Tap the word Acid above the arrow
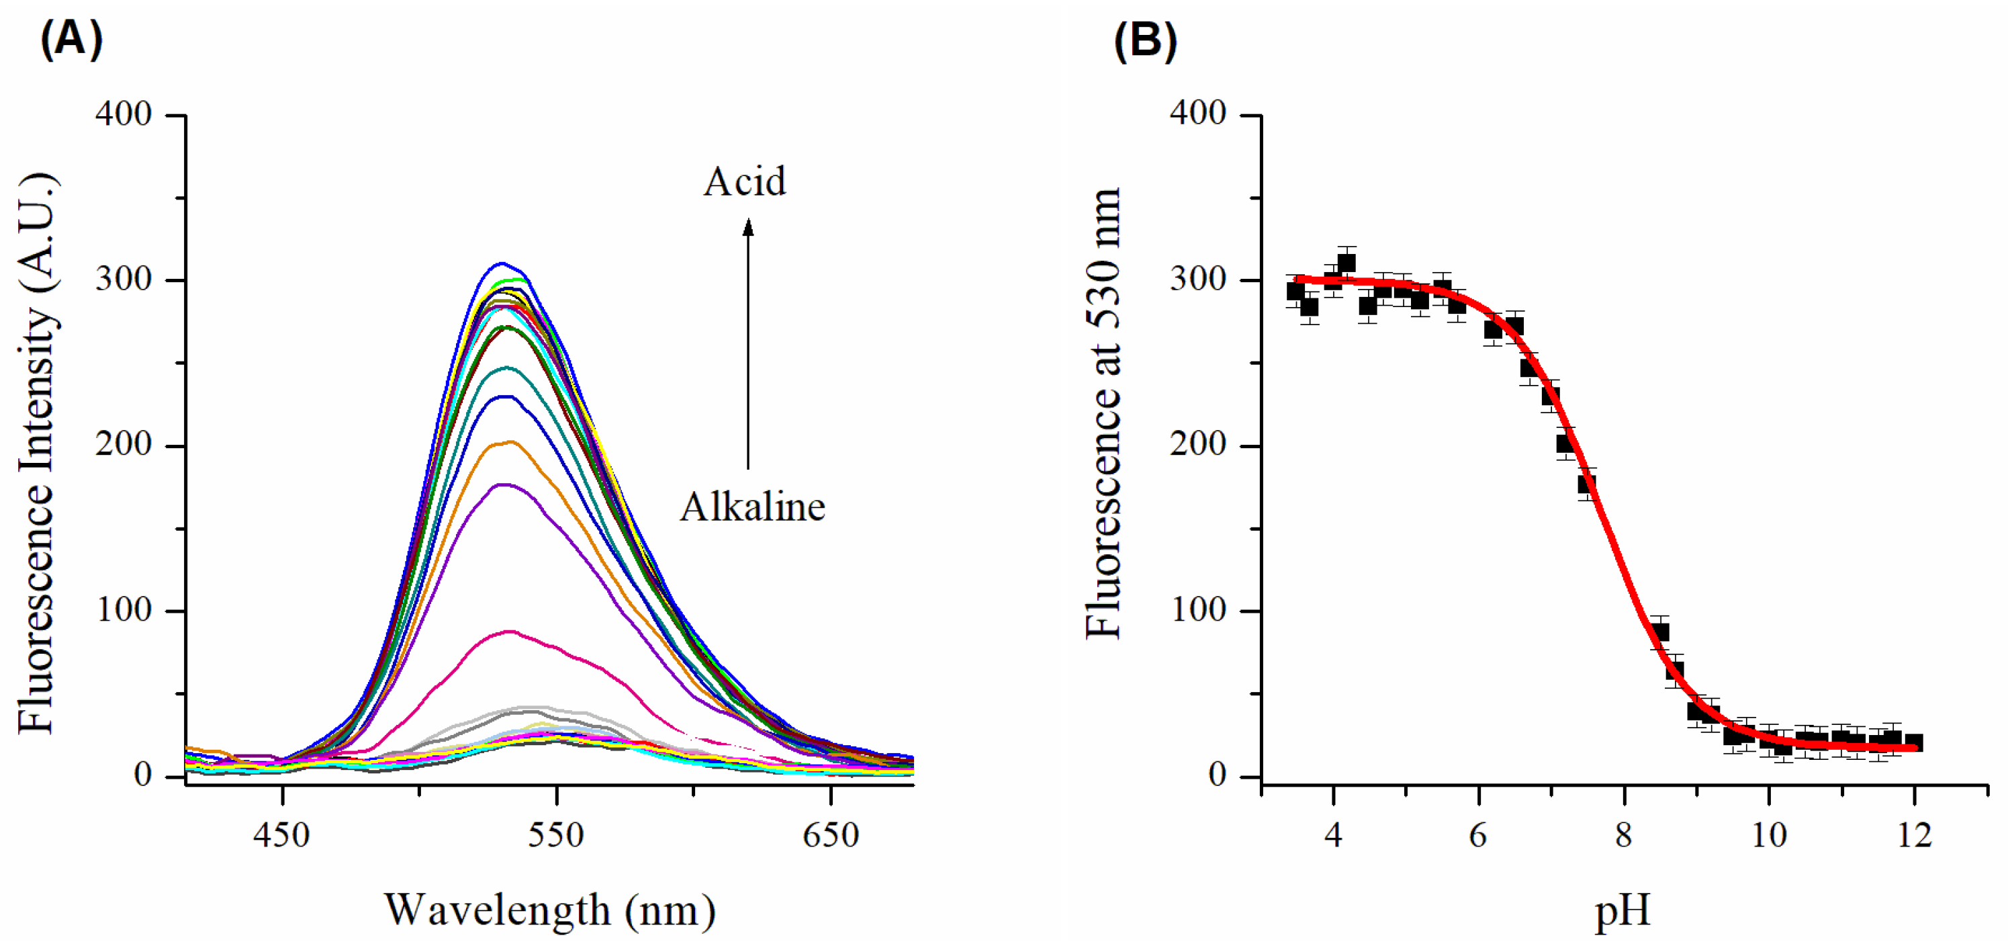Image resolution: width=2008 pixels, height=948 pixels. coord(744,181)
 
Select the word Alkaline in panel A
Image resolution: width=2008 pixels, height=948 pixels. coord(752,507)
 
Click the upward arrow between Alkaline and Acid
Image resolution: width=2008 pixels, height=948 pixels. coord(747,343)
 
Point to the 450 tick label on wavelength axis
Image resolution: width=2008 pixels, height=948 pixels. coord(281,836)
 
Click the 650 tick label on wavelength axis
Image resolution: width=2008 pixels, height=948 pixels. coord(830,836)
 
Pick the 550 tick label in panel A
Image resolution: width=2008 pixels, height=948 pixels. coord(556,836)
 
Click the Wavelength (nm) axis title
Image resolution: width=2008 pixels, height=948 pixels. coord(549,910)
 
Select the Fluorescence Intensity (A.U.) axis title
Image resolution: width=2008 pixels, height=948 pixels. coord(37,452)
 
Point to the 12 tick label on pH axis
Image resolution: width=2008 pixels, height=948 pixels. coord(1914,836)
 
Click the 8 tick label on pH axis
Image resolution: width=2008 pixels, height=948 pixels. coord(1623,836)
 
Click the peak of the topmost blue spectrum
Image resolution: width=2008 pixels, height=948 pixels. coord(503,263)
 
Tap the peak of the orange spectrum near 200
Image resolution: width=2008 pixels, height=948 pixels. coord(510,442)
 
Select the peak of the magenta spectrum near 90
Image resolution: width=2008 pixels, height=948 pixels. coord(510,632)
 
